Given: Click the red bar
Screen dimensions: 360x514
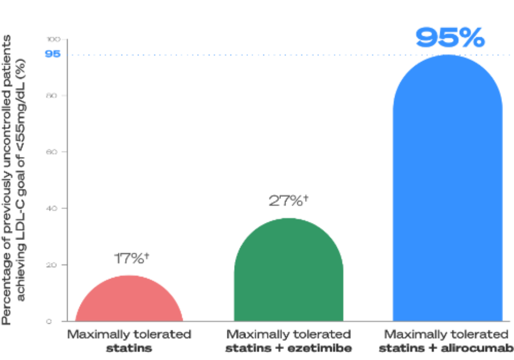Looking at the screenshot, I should coord(129,298).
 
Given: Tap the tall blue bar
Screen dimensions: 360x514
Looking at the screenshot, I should coord(448,190).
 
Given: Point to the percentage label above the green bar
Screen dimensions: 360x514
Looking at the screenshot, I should coord(288,200).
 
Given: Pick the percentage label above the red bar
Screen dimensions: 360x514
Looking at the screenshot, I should coord(130,259).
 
